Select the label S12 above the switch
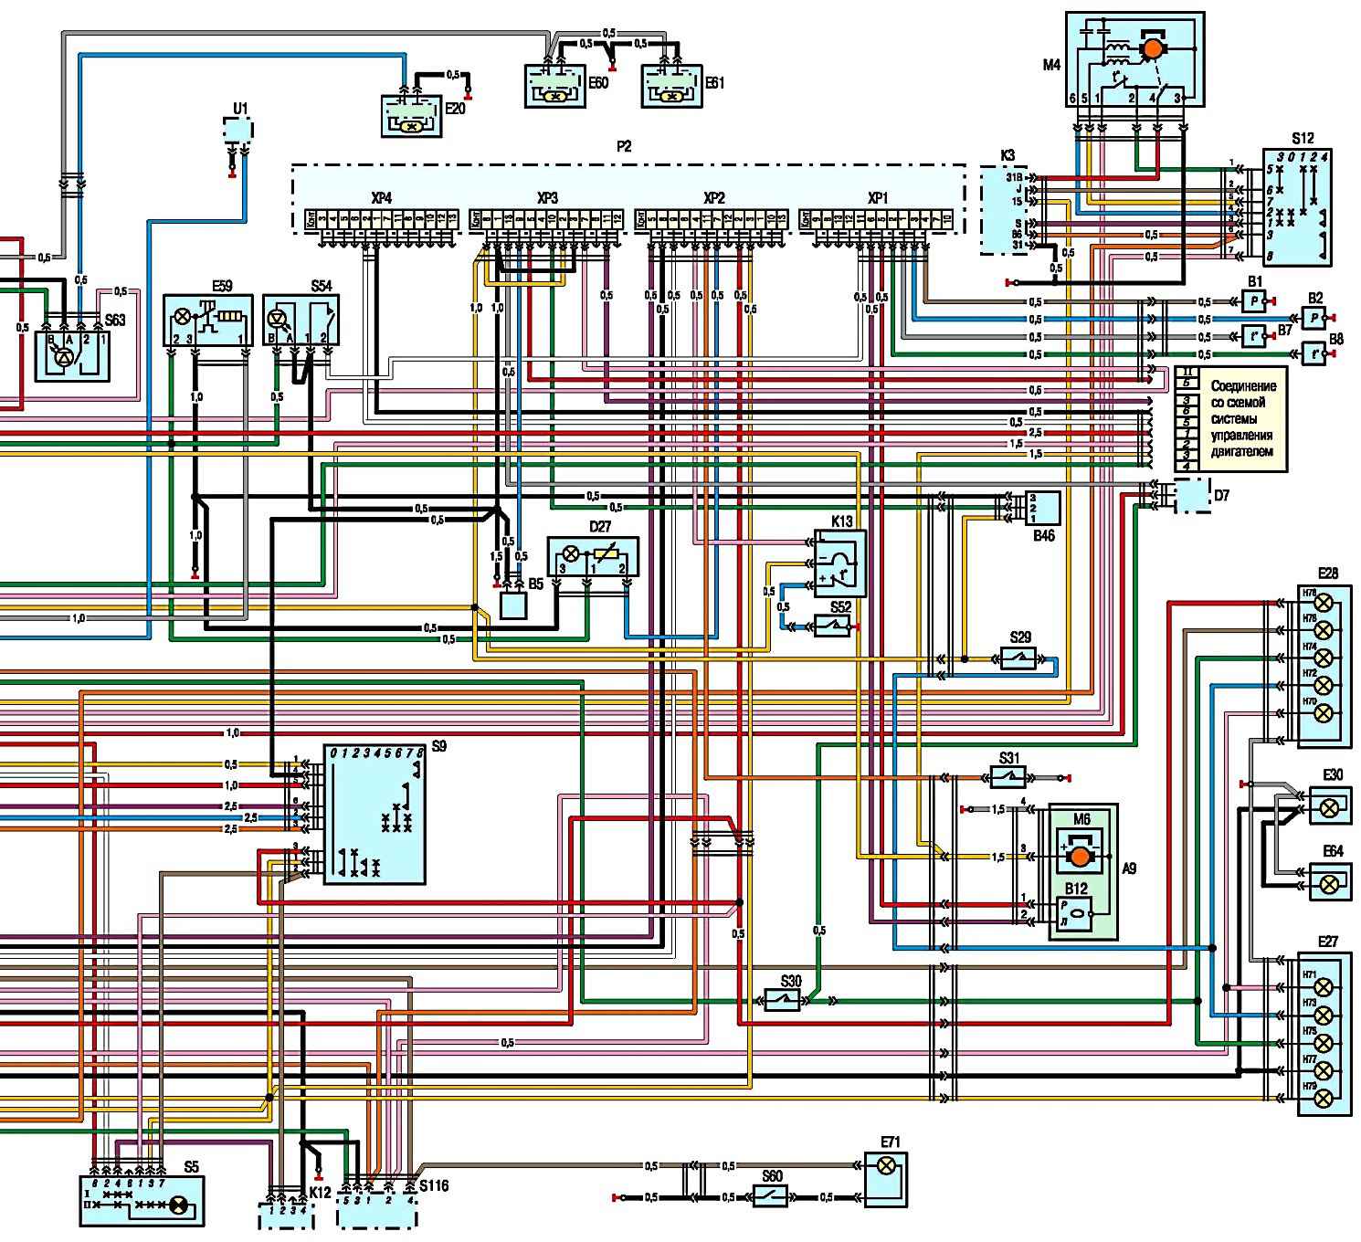(x=1303, y=138)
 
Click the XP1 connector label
(x=877, y=198)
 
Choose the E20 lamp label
(x=457, y=107)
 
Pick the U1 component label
(x=239, y=109)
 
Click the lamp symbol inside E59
(x=183, y=317)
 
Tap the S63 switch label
(x=115, y=321)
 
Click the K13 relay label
(x=841, y=521)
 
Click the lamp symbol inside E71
(x=884, y=1165)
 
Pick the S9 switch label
(x=439, y=746)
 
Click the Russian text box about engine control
(x=1242, y=419)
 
